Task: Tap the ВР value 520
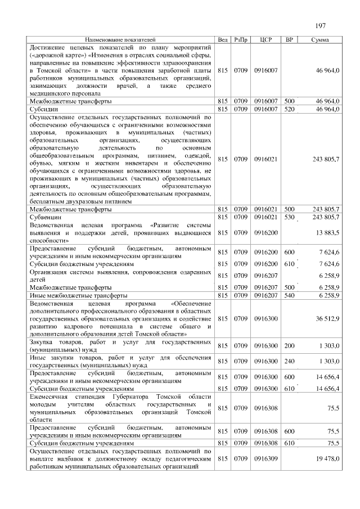tap(290, 109)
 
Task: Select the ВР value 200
tap(290, 345)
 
